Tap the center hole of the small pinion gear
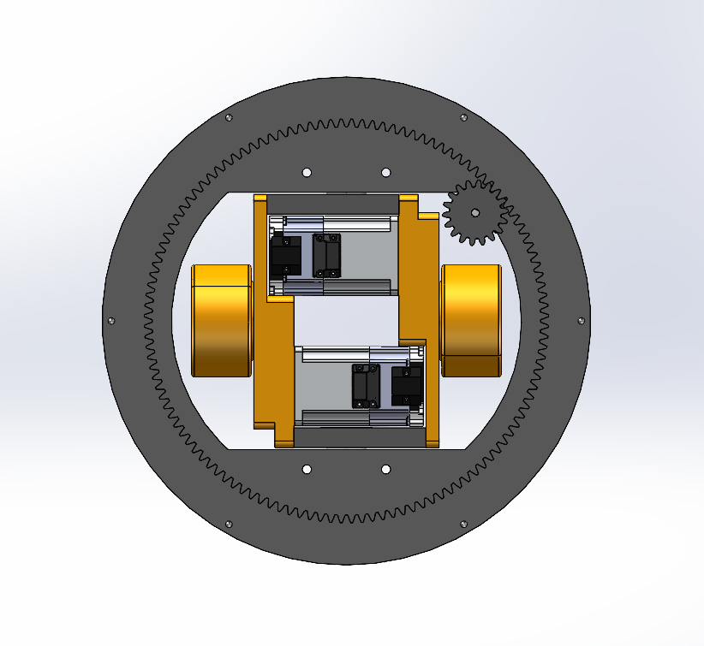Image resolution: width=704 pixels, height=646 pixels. [475, 212]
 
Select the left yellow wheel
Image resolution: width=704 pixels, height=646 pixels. [221, 321]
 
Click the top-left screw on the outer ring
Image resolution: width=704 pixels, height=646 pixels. [229, 118]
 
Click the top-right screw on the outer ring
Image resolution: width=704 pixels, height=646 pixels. [463, 117]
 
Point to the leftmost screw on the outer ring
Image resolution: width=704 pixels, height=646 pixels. [110, 320]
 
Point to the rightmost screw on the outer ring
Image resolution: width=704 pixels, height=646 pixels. [582, 320]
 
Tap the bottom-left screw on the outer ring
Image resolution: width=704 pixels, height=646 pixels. [228, 524]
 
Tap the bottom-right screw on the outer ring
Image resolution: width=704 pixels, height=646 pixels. [463, 524]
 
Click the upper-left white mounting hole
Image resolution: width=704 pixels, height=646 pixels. [307, 172]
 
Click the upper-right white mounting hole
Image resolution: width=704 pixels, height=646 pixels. [385, 172]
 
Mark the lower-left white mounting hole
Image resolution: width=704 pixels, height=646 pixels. [307, 469]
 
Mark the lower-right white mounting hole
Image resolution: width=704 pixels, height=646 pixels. [385, 469]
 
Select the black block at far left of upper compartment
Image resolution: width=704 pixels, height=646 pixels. [284, 256]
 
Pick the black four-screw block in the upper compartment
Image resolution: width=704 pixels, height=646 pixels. [325, 255]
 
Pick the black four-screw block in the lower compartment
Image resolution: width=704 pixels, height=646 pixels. [366, 386]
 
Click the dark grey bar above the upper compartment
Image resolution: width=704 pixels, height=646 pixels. [332, 204]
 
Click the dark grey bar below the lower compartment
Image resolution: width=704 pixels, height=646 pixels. [360, 438]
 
